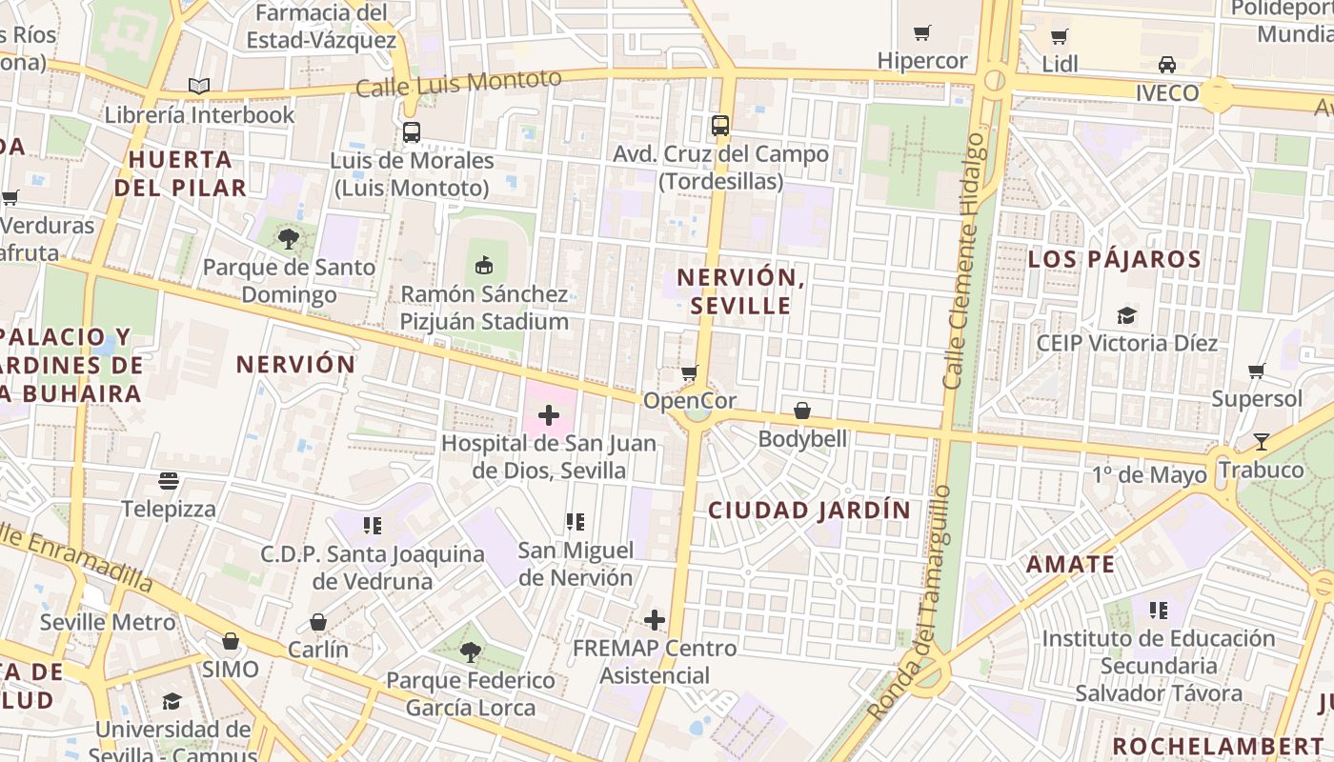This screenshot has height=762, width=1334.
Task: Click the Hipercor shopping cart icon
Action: (x=921, y=33)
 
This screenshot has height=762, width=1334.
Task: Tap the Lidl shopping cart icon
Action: (x=1059, y=37)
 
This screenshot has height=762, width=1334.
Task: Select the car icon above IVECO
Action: (x=1166, y=65)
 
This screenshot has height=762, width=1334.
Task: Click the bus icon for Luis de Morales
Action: (x=412, y=132)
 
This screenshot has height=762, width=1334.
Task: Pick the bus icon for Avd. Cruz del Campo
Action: (x=720, y=126)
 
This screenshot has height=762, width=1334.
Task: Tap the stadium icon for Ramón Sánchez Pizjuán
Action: (x=484, y=265)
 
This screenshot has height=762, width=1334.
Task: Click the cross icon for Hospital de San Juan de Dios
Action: (x=549, y=415)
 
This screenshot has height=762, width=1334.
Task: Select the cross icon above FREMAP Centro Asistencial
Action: (x=655, y=620)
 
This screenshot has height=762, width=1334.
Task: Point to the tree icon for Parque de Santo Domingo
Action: (x=289, y=239)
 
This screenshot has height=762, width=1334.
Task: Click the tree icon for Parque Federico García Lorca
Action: (x=470, y=652)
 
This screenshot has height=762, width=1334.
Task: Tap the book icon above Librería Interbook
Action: (x=199, y=87)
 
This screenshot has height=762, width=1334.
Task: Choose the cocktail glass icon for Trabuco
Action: (x=1262, y=442)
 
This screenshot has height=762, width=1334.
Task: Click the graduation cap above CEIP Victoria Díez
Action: (x=1127, y=315)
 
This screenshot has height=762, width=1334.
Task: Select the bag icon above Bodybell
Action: (x=802, y=411)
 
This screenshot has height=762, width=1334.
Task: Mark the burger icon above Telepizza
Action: (x=169, y=481)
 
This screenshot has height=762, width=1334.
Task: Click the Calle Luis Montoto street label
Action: (x=458, y=83)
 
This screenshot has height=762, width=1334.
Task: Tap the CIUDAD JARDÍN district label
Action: (x=809, y=510)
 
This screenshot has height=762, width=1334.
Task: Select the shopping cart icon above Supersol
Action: (x=1257, y=371)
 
